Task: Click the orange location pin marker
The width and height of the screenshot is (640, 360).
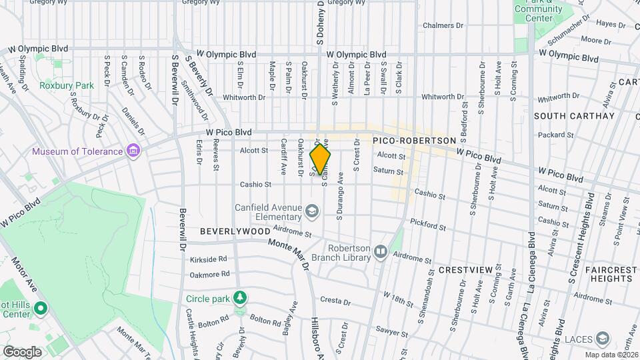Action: (x=321, y=159)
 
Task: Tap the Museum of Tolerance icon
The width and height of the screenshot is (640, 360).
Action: (x=133, y=151)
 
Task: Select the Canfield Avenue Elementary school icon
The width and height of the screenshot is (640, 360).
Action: (x=311, y=211)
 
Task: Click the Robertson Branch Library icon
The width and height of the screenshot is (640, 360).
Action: (x=381, y=251)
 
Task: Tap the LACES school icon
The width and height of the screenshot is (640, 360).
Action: (x=603, y=339)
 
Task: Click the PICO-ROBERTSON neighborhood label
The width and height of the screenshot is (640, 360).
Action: (x=414, y=141)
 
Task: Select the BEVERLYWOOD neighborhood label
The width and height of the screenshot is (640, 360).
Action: (x=235, y=231)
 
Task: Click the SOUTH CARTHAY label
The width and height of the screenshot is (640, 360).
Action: (x=574, y=116)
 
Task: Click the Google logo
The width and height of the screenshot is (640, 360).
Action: (x=22, y=351)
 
